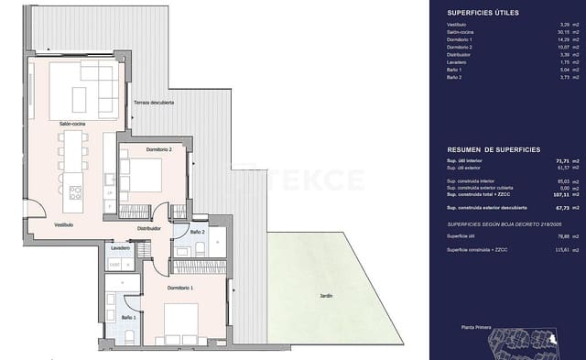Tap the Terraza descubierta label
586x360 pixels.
point(153,102)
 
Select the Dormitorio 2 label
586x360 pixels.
point(140,148)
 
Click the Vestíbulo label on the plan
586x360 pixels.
point(38,224)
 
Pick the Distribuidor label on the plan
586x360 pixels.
point(149,229)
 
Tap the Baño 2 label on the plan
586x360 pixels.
point(197,233)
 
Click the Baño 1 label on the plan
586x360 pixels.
point(129,317)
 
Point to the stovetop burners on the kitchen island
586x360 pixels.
point(75,191)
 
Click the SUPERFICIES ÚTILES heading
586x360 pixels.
point(483,13)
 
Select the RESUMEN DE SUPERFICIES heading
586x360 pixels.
point(494,148)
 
